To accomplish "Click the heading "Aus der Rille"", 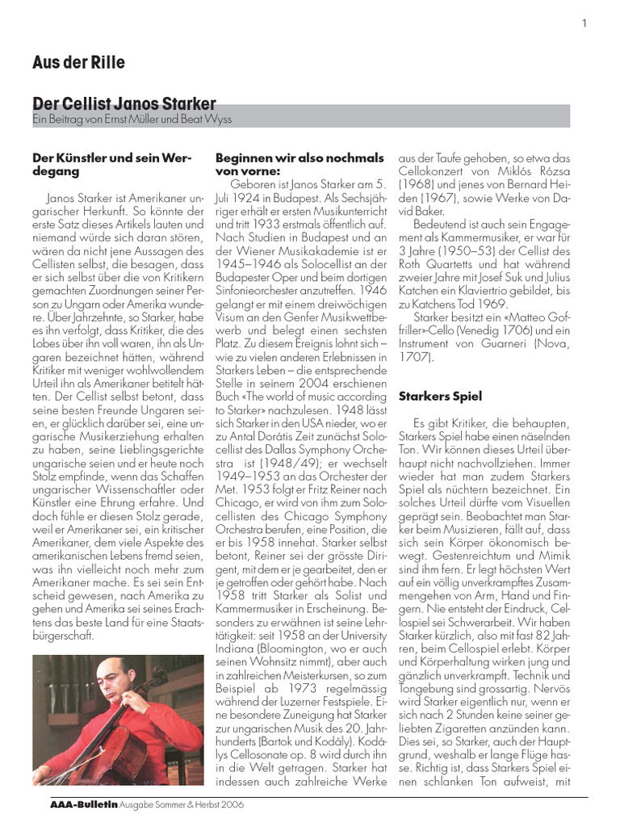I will [78, 62].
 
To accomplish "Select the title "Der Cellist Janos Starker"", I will [124, 104].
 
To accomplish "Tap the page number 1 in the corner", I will [584, 23].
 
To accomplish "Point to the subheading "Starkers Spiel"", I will [440, 397].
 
